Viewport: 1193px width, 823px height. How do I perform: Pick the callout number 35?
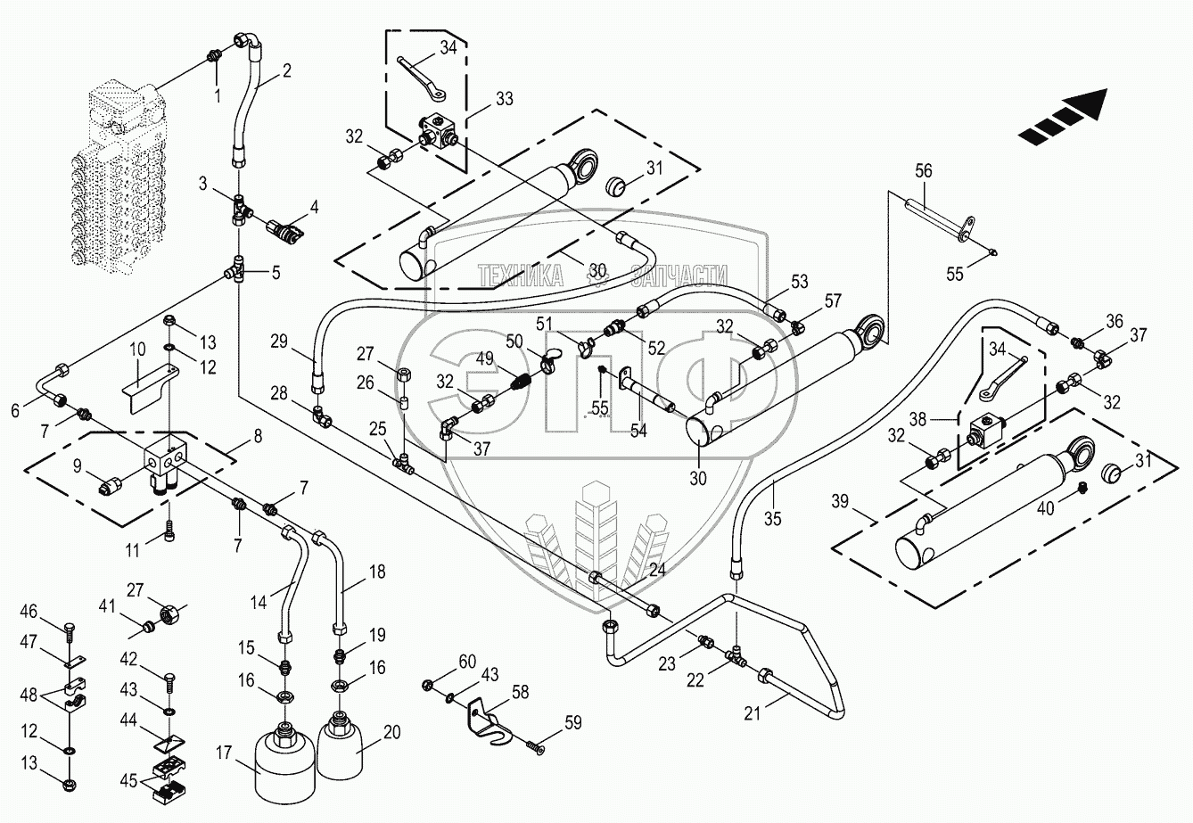[x=772, y=517]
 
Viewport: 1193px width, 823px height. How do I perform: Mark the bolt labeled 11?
[x=170, y=533]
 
